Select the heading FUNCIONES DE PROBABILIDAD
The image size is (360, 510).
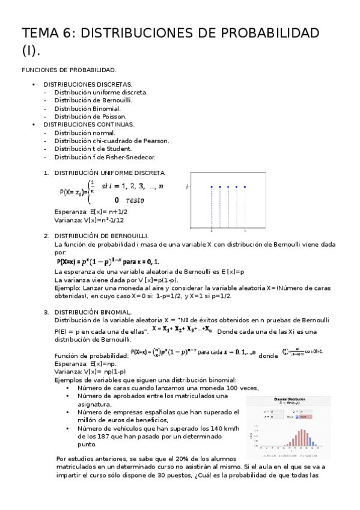tap(69, 70)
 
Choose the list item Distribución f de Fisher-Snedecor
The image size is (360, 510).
tap(105, 157)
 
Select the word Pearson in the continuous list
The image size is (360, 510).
tap(156, 141)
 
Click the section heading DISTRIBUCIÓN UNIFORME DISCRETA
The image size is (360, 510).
tap(109, 173)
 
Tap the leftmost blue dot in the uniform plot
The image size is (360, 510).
tap(212, 187)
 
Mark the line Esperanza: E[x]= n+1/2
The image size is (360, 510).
tap(90, 212)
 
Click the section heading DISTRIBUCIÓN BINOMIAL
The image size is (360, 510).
tap(93, 312)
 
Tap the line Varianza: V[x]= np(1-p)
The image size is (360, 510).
tap(89, 371)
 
